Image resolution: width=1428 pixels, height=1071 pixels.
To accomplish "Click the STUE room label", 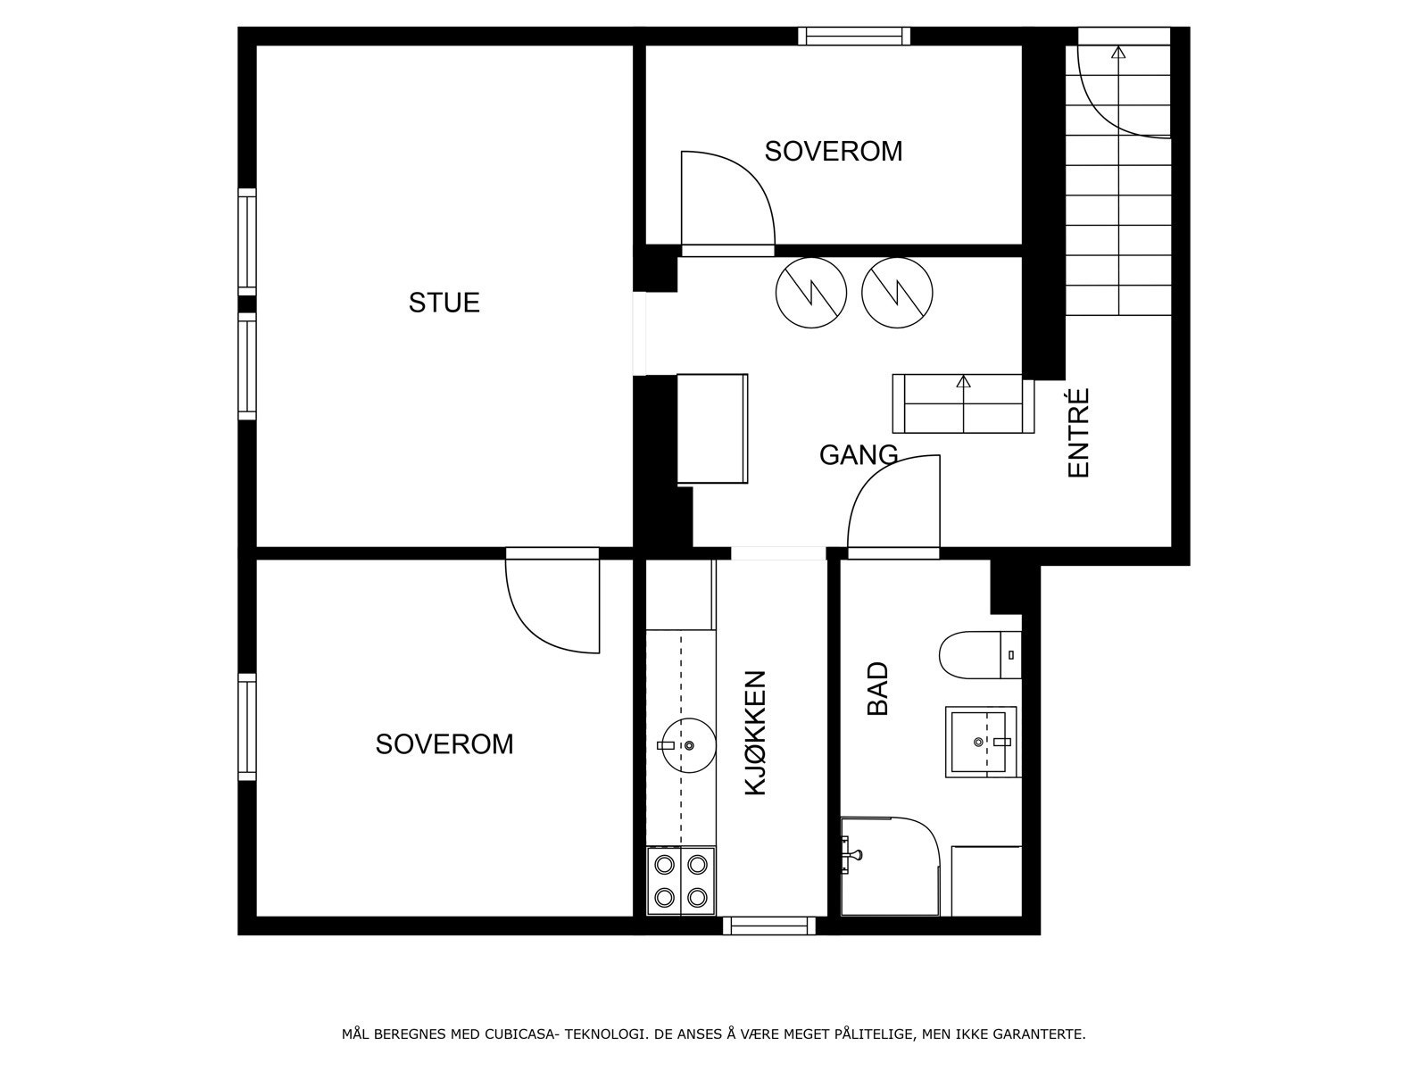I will point(444,303).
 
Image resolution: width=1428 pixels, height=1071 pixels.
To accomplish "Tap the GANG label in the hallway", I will point(858,455).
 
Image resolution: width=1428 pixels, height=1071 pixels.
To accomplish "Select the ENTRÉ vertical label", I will point(1079,433).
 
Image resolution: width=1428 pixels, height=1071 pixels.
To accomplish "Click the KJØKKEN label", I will point(755,733).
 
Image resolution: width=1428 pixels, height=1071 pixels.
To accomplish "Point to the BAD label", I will point(878,688).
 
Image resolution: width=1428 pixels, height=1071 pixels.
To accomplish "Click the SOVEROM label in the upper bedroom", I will point(833,152).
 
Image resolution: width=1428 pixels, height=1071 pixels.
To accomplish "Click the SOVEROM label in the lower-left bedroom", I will point(444,744).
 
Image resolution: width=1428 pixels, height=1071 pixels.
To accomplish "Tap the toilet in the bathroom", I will point(978,655).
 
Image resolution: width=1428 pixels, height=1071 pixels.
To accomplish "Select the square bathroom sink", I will point(981,742).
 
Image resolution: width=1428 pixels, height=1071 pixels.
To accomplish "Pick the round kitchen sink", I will point(686,744).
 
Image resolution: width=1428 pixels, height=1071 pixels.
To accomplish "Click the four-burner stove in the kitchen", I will point(681,881).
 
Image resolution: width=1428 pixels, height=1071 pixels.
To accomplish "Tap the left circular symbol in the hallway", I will point(810,293).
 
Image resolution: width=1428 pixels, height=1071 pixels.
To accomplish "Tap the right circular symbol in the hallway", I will point(897,293).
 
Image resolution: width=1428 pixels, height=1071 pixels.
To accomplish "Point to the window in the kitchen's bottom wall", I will point(768,926).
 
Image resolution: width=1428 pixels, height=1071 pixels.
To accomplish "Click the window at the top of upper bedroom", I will point(853,36).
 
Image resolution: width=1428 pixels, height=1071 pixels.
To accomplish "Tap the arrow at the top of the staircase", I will point(1117,54).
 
